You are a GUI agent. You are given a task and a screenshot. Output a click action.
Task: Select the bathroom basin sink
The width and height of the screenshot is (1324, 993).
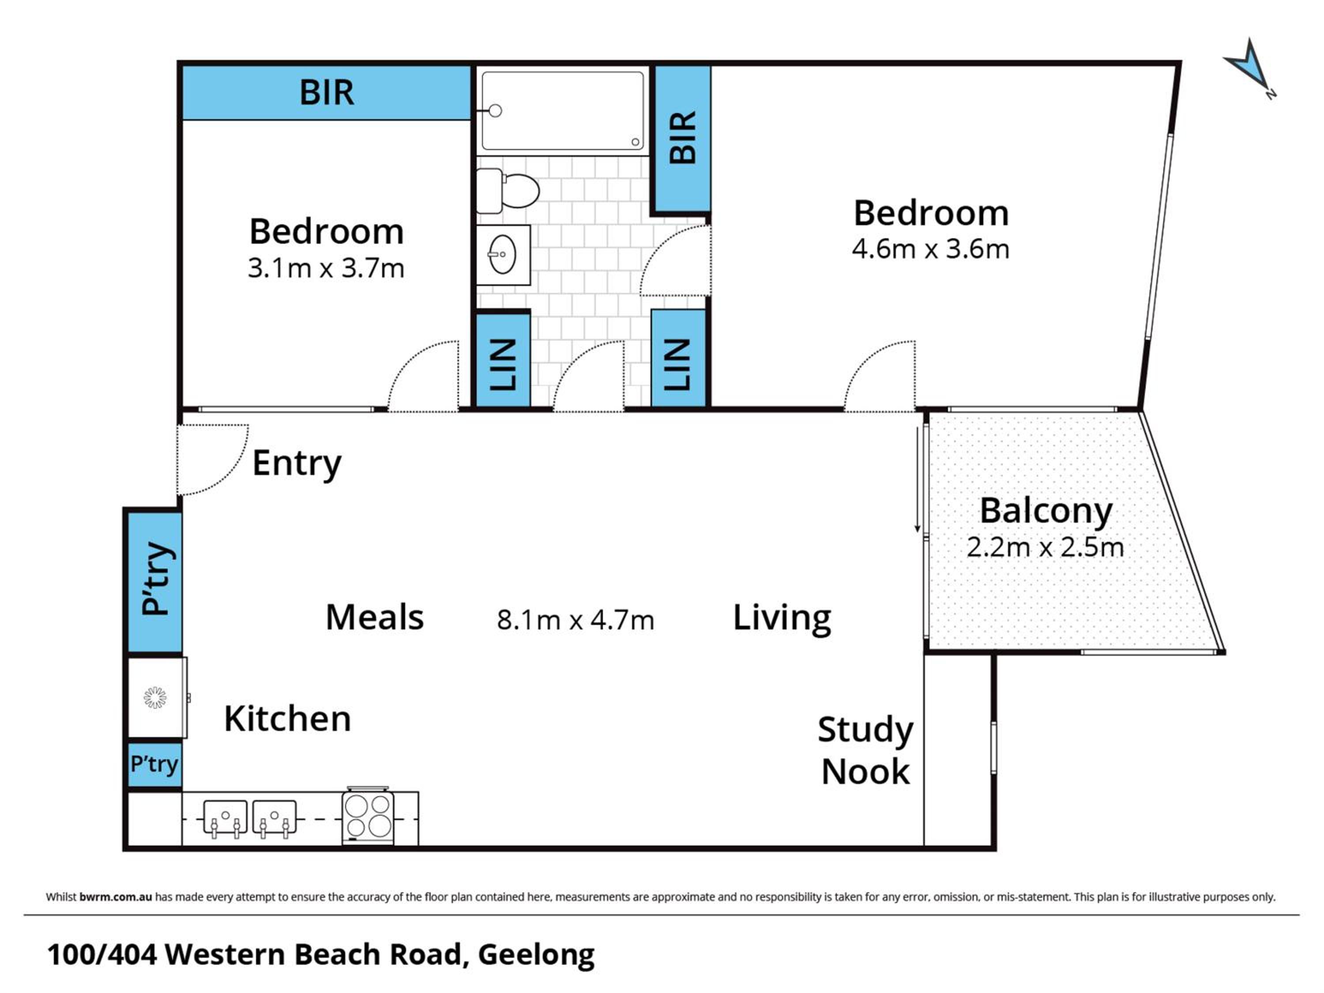coord(503,254)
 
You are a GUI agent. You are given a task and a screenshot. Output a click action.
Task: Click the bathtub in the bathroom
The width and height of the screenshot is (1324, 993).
coord(562,111)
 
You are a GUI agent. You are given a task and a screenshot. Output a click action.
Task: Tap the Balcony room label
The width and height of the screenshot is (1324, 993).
coord(1046,512)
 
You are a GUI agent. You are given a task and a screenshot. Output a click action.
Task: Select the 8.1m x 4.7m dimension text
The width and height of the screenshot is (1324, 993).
coord(575,620)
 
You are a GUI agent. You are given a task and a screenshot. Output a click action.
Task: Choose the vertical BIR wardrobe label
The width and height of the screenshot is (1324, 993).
coord(683,137)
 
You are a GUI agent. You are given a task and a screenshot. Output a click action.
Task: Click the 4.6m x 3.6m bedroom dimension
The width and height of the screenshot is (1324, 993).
coord(931,249)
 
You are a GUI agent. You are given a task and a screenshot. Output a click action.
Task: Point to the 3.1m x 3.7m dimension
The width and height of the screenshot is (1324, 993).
coord(326,268)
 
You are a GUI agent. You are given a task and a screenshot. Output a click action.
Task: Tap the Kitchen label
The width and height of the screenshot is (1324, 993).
coord(287,718)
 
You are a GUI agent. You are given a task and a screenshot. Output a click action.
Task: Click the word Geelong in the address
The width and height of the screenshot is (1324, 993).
coord(536,955)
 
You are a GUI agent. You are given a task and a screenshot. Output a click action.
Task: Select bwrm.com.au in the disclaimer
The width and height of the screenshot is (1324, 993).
coord(116,897)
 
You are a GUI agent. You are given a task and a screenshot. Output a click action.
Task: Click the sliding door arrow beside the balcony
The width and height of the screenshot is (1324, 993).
coord(917,479)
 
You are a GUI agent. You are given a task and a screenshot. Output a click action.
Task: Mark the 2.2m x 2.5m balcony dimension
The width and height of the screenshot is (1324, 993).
coord(1045,548)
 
